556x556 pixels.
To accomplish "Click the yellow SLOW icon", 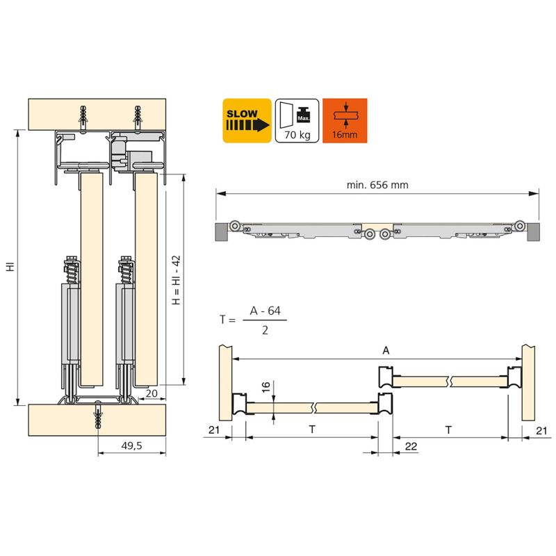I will [247, 121].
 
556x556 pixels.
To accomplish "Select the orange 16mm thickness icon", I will [345, 121].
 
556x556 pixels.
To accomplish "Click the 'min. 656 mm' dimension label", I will [377, 185].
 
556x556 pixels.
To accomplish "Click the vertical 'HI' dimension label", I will [10, 267].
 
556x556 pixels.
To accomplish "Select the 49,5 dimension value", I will [131, 445].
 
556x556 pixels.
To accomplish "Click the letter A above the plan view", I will [386, 351].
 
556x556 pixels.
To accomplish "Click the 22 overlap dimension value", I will [411, 445].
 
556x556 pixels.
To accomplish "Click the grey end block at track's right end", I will [532, 231].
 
